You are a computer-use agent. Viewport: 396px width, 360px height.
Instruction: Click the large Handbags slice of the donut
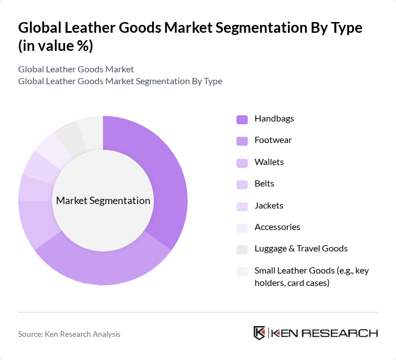[164, 181]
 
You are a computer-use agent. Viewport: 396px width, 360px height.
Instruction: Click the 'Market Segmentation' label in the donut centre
[103, 201]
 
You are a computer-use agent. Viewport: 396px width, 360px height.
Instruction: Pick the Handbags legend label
[274, 119]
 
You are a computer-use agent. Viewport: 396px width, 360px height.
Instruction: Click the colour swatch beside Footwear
[242, 141]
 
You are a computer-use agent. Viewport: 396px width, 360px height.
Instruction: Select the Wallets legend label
[269, 162]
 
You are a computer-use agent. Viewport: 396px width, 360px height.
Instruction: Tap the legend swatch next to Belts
[242, 184]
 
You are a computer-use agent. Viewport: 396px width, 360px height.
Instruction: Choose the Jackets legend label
[269, 206]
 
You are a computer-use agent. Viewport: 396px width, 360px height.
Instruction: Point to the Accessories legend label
[277, 227]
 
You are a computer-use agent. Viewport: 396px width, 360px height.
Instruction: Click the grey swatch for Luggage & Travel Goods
[242, 249]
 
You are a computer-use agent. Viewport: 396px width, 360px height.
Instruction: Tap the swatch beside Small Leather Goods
[242, 271]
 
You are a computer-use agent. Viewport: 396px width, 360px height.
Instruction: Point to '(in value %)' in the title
[55, 46]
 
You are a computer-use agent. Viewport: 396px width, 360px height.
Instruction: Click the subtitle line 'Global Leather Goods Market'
[76, 70]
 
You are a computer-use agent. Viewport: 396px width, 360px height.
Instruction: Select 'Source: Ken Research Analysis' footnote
[69, 334]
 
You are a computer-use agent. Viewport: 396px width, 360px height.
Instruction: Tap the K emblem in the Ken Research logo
[260, 333]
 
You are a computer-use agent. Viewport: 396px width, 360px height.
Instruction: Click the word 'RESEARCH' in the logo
[345, 333]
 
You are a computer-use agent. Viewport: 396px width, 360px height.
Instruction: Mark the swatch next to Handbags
[242, 119]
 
